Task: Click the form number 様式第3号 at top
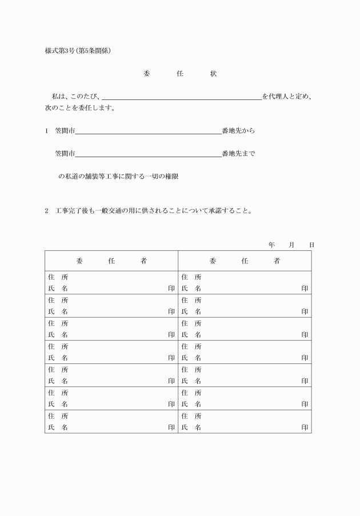[x=60, y=50]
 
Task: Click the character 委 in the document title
[x=146, y=74]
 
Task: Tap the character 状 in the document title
[x=213, y=74]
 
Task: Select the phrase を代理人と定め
[x=287, y=96]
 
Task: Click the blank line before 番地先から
[x=148, y=133]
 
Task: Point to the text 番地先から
[x=238, y=131]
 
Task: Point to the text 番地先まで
[x=238, y=154]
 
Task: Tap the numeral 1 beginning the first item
[x=47, y=131]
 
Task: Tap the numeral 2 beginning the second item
[x=47, y=211]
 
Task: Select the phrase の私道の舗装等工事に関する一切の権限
[x=118, y=177]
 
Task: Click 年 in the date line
[x=271, y=245]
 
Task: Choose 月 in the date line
[x=291, y=245]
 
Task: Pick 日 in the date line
[x=311, y=245]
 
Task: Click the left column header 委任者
[x=111, y=261]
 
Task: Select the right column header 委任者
[x=245, y=261]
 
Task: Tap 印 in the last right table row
[x=305, y=427]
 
